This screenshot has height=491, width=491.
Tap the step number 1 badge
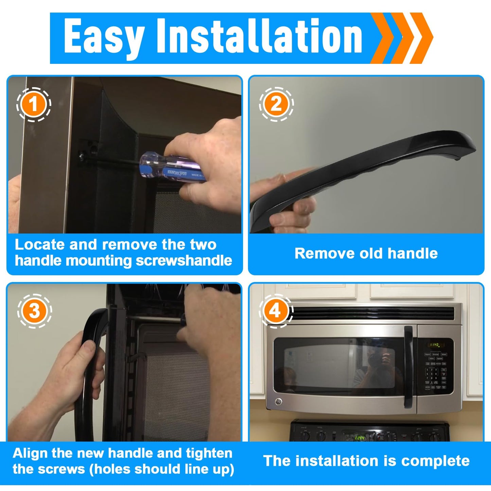click(34, 104)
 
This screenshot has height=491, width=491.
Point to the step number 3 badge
click(34, 311)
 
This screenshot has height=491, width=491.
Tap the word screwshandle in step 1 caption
click(184, 261)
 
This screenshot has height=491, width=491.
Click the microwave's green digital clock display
click(435, 345)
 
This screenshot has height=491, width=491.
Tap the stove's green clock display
click(360, 438)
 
